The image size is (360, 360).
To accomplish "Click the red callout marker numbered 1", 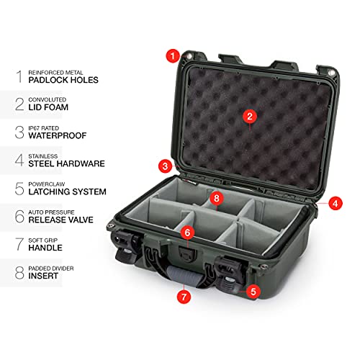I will pos(172,55).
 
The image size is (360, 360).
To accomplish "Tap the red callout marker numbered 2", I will pos(249,115).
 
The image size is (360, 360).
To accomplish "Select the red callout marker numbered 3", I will pos(166,166).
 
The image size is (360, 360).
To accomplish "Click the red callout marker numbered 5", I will pos(253,292).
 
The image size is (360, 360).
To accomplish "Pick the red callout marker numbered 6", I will pos(186,233).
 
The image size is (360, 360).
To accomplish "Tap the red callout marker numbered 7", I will pos(184,296).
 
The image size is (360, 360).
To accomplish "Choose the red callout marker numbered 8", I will pos(217,197).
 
